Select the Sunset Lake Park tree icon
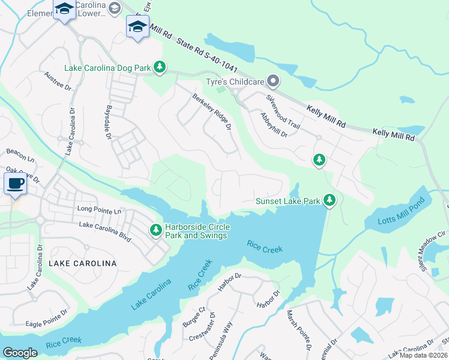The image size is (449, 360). click(x=329, y=201)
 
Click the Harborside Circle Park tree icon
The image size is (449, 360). click(x=155, y=230)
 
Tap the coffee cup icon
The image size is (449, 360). click(x=14, y=183)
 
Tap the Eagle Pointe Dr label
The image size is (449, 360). click(x=47, y=317)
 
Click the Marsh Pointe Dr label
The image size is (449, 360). click(x=299, y=330)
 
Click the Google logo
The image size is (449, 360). click(x=20, y=353)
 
